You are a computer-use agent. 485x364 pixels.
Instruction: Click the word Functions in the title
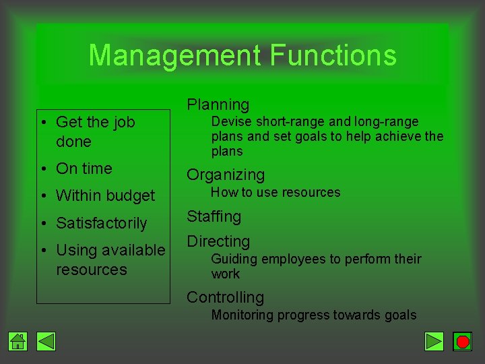click(333, 55)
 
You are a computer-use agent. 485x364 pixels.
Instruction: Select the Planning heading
click(218, 104)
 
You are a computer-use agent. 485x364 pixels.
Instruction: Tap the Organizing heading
click(226, 175)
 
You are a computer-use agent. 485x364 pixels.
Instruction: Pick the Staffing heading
click(214, 216)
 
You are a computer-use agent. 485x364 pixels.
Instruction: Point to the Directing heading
click(218, 241)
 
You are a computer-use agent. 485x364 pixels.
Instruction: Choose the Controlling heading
click(225, 297)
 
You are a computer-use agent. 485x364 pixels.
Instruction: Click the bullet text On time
click(84, 169)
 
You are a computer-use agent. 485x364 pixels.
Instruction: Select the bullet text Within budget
click(105, 196)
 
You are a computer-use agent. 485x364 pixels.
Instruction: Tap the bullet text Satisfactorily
click(101, 223)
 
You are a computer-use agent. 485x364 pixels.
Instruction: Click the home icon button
click(18, 342)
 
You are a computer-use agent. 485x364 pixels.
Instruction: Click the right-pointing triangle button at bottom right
click(434, 342)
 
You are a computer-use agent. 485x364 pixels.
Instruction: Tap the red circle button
click(462, 342)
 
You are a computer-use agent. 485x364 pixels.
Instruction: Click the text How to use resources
click(276, 193)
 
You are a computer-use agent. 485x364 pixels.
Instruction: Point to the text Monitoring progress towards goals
click(314, 315)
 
